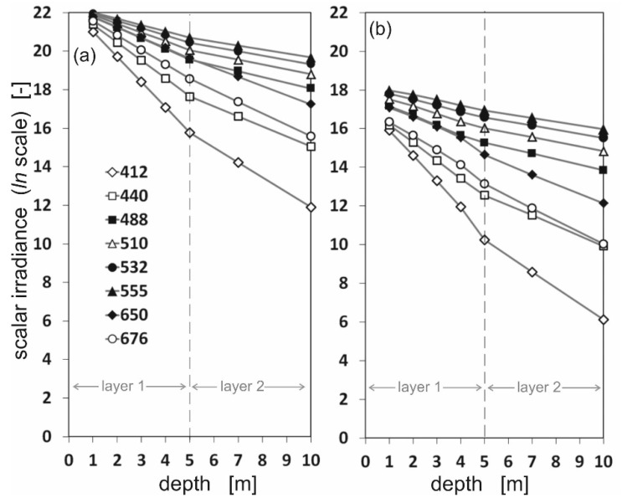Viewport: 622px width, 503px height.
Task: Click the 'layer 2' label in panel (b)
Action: coord(544,387)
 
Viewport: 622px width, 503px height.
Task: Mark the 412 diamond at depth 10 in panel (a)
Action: coord(311,207)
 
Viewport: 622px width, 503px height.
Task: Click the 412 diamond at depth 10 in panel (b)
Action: coord(603,319)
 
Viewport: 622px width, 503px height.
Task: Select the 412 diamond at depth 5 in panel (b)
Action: coord(484,239)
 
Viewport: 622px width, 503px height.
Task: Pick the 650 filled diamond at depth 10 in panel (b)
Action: coord(603,203)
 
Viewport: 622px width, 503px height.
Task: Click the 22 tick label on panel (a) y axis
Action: coord(44,13)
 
